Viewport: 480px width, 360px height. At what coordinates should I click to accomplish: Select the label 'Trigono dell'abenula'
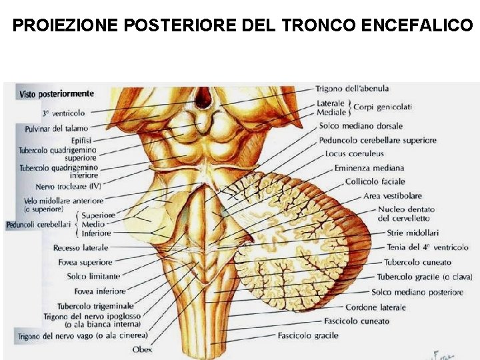pyautogui.click(x=352, y=88)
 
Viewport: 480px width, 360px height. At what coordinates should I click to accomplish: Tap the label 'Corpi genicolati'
pyautogui.click(x=383, y=107)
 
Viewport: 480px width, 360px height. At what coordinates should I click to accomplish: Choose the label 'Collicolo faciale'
pyautogui.click(x=375, y=181)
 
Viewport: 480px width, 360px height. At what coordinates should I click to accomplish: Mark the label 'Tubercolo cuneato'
pyautogui.click(x=419, y=262)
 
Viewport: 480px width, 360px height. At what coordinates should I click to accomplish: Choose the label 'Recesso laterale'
pyautogui.click(x=76, y=248)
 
